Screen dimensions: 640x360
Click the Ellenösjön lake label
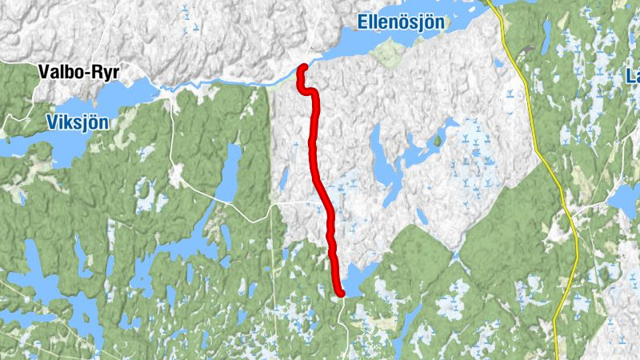pos(400,22)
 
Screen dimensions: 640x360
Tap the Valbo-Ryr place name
pos(78,73)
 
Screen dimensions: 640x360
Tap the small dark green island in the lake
pos(438,141)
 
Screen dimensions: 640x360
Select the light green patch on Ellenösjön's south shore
pos(390,53)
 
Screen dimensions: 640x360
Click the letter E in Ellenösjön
pos(362,22)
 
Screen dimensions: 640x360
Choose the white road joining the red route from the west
pos(296,204)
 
